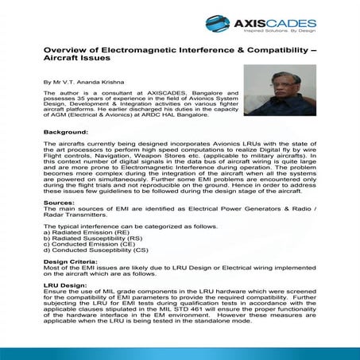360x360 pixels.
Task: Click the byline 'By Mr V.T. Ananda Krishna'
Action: [84, 82]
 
